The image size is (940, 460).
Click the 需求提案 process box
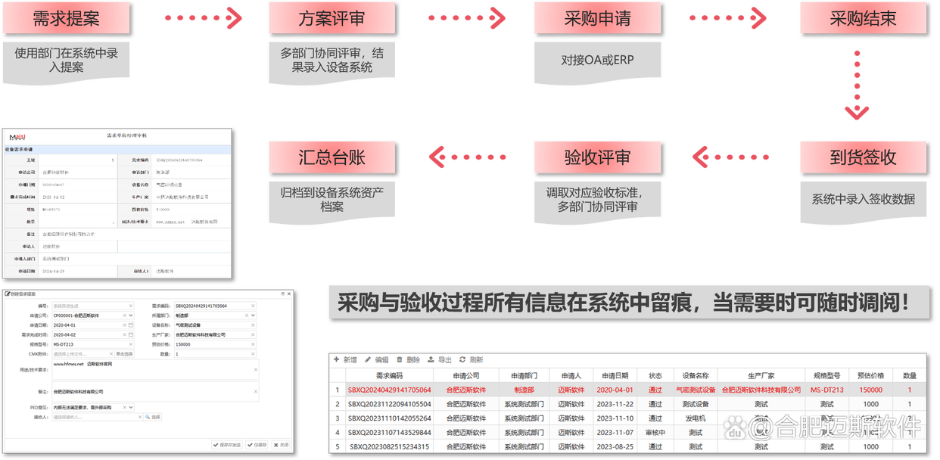pos(67,19)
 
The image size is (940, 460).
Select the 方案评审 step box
pos(333,19)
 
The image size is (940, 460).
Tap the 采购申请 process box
pos(598,19)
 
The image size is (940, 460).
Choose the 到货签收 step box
pos(863,157)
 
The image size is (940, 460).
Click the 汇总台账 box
pos(333,157)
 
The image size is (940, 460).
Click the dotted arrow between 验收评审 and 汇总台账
pos(467,157)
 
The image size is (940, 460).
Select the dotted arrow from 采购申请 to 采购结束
pos(730,18)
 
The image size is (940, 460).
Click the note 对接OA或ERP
pos(598,59)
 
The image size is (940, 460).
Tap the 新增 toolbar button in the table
pos(345,360)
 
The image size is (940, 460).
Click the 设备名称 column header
pos(696,375)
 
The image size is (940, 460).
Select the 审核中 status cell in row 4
pos(655,433)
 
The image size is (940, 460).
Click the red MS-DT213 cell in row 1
pos(826,390)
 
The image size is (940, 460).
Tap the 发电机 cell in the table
pos(695,418)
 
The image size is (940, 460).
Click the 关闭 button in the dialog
pos(281,445)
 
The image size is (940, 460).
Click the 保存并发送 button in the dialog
pos(228,445)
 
